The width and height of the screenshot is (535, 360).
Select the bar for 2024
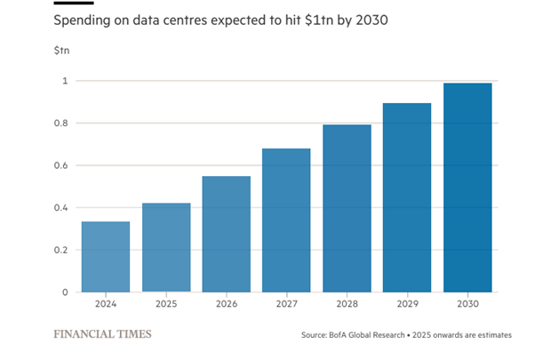click(x=106, y=257)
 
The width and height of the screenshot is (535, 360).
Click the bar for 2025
click(x=166, y=248)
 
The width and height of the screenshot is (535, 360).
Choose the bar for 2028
click(x=347, y=208)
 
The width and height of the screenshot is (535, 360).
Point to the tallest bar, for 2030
click(x=467, y=188)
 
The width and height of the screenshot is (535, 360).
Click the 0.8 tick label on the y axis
click(x=60, y=124)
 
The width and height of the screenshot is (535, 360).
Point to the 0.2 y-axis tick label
click(x=60, y=250)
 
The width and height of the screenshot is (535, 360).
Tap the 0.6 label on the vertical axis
click(x=60, y=165)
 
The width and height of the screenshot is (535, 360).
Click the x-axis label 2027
click(x=286, y=304)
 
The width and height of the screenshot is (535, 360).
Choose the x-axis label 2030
click(x=467, y=304)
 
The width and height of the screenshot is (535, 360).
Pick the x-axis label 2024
click(x=106, y=304)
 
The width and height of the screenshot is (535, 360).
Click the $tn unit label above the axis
click(x=60, y=50)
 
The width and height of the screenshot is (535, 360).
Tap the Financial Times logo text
click(x=102, y=334)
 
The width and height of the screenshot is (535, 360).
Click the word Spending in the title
click(x=84, y=19)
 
